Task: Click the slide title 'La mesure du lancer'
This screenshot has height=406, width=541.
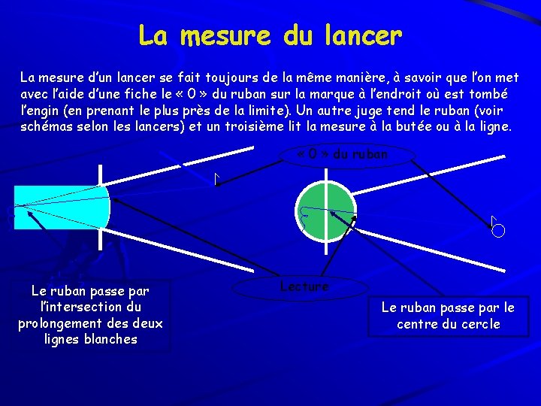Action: [x=270, y=35]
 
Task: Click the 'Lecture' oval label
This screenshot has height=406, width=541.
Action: [x=304, y=286]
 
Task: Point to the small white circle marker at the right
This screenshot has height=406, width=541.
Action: [x=497, y=231]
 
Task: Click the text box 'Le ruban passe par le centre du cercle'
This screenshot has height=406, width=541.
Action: [x=448, y=316]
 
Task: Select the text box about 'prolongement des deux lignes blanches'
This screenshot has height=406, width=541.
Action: [x=90, y=315]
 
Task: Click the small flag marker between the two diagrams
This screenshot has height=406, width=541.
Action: [x=216, y=179]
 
